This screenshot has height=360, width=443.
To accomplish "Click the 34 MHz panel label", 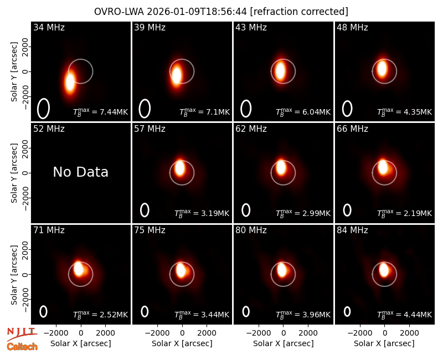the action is (x=49, y=27).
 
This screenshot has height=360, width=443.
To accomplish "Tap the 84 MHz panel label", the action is (x=352, y=230).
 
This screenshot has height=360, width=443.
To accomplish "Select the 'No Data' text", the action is (x=81, y=172).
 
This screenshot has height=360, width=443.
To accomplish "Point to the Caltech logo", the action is (x=22, y=347).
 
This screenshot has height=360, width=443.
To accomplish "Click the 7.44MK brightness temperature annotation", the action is (x=101, y=112).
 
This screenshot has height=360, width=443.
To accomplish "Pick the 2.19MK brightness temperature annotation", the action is (x=405, y=213).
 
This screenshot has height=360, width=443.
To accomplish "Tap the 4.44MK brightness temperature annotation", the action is (x=405, y=315).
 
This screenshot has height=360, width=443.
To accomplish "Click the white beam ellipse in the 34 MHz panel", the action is (x=38, y=109).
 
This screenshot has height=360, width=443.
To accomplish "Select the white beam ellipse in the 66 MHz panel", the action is (x=343, y=210).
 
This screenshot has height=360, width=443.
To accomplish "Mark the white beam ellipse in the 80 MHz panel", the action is (x=243, y=311).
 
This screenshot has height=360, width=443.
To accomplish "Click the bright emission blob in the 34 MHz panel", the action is (x=70, y=81).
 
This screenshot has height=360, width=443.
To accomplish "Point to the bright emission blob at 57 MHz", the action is (x=179, y=168).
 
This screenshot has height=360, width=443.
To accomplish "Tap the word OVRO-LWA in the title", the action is (x=119, y=12).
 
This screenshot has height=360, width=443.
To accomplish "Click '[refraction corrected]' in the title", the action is (x=299, y=12).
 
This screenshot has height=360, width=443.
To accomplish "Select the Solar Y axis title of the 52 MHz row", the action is (x=14, y=173).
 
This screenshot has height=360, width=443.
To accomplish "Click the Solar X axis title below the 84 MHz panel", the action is (x=384, y=343).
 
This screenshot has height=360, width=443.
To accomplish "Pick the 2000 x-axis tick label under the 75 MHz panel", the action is (x=207, y=333).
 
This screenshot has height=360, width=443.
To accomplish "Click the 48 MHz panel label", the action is (x=352, y=27).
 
